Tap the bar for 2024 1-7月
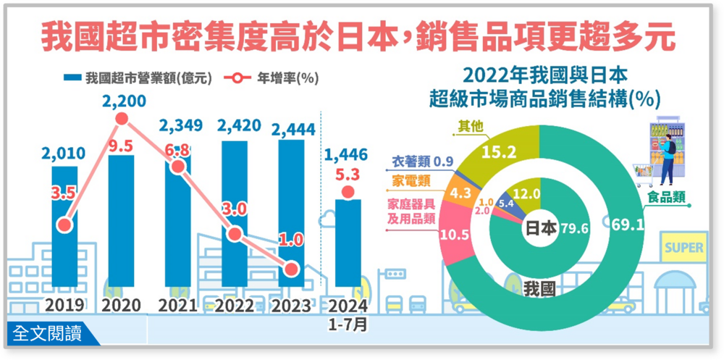[x=348, y=243]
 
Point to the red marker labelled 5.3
[x=348, y=192]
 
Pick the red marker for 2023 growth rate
[x=291, y=269]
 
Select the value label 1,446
[x=348, y=154]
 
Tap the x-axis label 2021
[x=178, y=306]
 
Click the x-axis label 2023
[x=291, y=306]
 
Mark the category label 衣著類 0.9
[x=423, y=160]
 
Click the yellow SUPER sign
[x=683, y=248]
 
